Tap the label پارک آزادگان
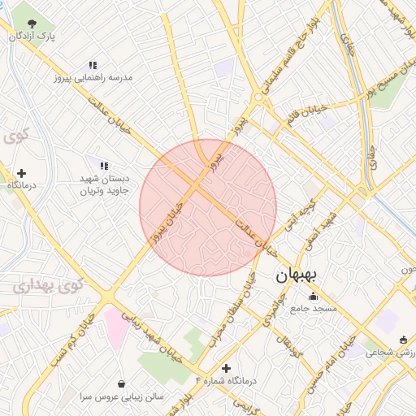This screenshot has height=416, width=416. [x=32, y=37]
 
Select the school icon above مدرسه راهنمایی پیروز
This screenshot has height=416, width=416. [x=93, y=65]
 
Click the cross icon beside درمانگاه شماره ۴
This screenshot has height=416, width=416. [x=226, y=368]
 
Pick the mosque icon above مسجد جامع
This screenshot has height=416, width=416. [x=314, y=296]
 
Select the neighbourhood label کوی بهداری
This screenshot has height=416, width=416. [x=48, y=285]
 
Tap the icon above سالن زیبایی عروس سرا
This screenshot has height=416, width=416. [x=121, y=383]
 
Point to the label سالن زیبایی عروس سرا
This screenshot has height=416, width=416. [x=121, y=397]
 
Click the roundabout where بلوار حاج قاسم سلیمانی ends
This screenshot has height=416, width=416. [x=258, y=97]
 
